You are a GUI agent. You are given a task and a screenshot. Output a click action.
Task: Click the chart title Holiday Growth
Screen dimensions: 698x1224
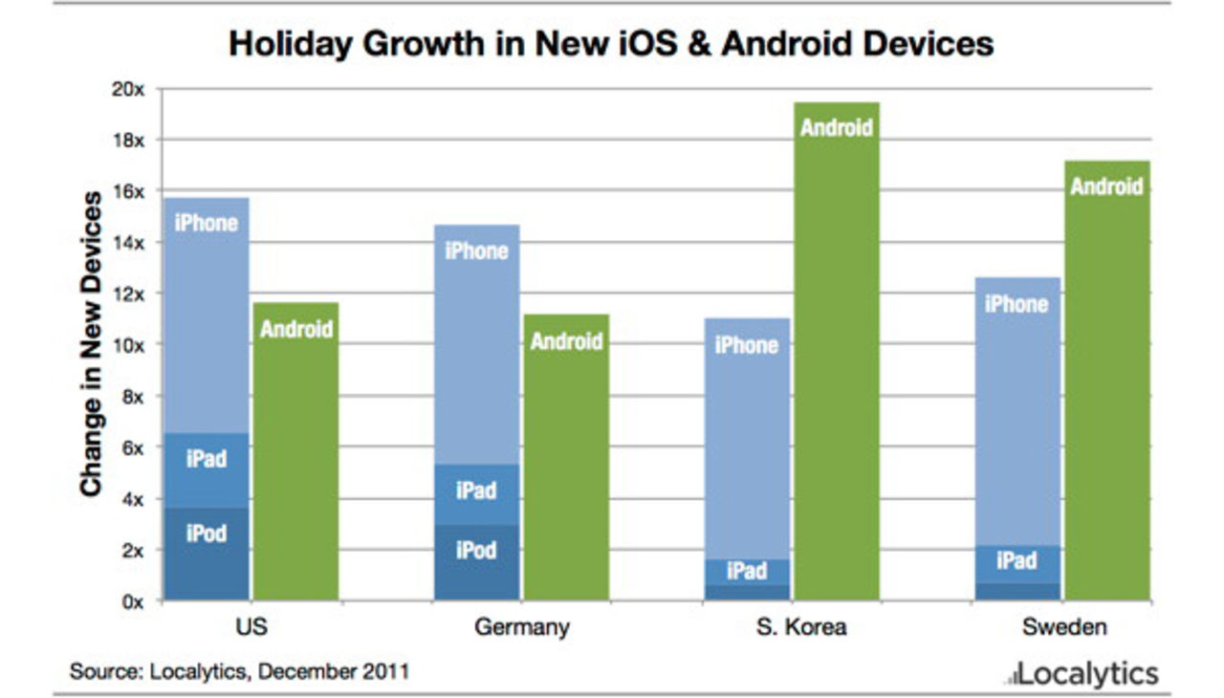(x=611, y=44)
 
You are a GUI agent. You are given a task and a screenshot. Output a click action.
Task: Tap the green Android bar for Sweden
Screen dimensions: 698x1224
(x=1107, y=382)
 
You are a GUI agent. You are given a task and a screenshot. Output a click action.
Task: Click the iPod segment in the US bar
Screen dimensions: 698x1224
(x=207, y=555)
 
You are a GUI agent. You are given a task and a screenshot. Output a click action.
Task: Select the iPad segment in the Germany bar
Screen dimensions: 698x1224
(x=476, y=493)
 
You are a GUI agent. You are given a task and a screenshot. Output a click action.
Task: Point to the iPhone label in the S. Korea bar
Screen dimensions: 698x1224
(x=747, y=345)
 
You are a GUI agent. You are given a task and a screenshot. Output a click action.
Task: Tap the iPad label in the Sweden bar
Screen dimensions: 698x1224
(x=1016, y=561)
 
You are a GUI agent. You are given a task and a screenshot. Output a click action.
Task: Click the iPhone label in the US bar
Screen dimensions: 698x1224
(x=206, y=223)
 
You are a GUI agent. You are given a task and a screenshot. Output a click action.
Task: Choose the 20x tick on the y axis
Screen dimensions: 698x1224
(x=128, y=89)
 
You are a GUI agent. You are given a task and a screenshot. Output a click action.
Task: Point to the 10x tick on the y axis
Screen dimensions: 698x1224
(x=128, y=345)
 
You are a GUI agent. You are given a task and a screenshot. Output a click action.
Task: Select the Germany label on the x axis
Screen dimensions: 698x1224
(x=521, y=628)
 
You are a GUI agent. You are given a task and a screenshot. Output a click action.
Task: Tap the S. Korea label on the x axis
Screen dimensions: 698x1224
(x=792, y=628)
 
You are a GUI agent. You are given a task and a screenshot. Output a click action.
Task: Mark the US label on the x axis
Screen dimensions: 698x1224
(x=251, y=628)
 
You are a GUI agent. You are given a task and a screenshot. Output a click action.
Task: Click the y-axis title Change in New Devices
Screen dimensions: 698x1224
(x=91, y=344)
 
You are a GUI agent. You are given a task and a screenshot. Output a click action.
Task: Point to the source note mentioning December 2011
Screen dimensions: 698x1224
(x=239, y=671)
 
